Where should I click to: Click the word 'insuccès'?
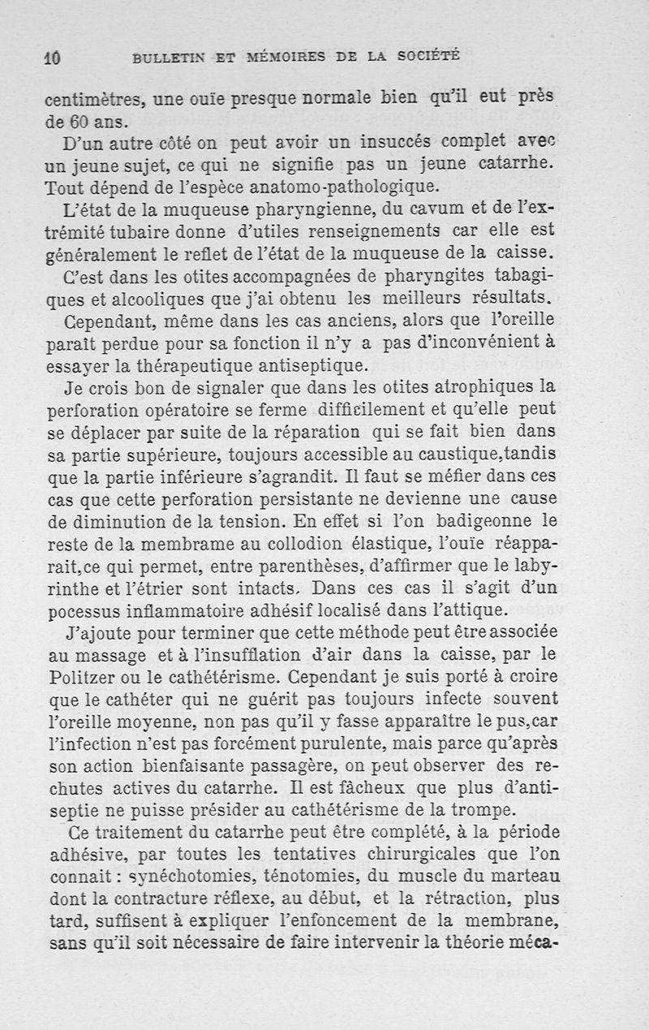(x=377, y=144)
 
